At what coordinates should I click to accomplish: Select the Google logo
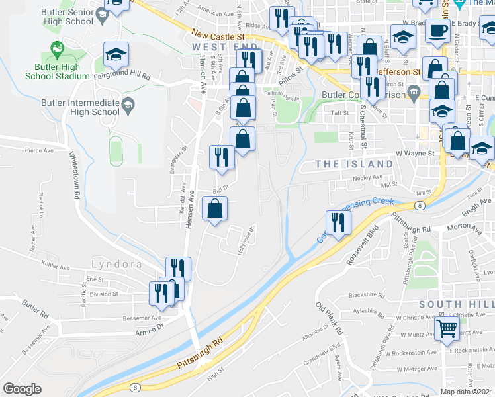click(22, 389)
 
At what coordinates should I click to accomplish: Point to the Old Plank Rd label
click(329, 319)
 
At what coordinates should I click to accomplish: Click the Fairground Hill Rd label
click(124, 77)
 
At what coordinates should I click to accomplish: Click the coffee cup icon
click(437, 30)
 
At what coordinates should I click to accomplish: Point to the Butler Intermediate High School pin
click(128, 104)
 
